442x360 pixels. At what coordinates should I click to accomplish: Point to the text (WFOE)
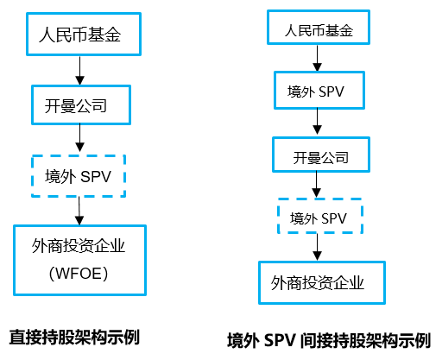pos(79,274)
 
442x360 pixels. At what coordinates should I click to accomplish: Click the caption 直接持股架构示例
pos(74,337)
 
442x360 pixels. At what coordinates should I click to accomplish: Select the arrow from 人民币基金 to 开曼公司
pos(79,70)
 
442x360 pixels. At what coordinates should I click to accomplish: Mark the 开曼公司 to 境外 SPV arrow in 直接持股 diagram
pos(79,138)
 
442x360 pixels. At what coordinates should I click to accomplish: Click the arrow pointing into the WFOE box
pos(79,211)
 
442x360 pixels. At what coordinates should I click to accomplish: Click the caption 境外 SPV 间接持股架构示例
pos(329,341)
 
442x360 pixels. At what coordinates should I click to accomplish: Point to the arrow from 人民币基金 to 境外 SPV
pos(317,58)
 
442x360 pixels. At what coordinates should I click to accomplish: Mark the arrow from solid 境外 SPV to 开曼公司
pos(317,122)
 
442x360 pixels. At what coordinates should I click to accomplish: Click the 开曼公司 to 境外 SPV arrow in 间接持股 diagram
pos(317,185)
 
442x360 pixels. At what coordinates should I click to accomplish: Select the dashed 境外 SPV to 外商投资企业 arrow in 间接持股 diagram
pos(317,247)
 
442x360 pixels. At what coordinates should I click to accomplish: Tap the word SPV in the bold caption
pos(280,341)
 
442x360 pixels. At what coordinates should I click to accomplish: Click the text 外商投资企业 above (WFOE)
pos(79,246)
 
